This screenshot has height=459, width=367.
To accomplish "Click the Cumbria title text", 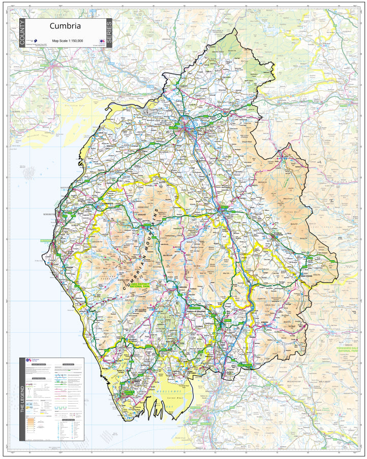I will [65, 26].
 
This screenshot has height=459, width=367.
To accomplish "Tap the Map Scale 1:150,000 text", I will [68, 40].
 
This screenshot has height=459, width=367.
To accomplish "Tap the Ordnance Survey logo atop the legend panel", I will [30, 361].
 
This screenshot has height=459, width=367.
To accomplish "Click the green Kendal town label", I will [227, 321].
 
